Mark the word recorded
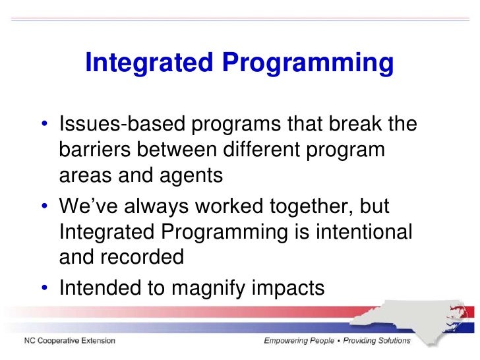pos(145,257)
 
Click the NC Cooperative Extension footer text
pos(70,341)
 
